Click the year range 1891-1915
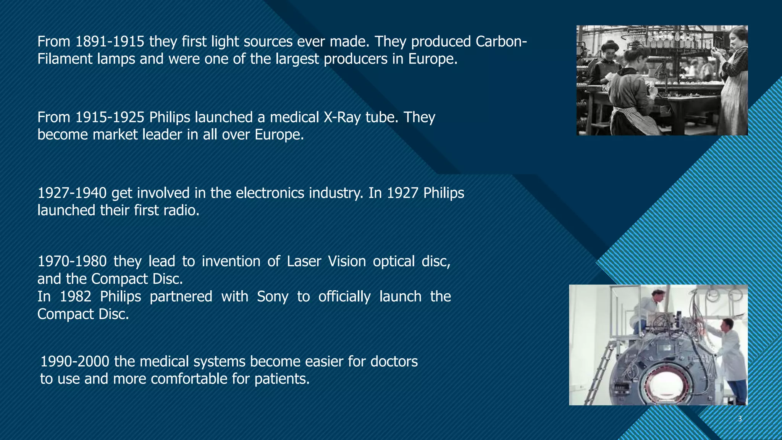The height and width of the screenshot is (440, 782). click(110, 41)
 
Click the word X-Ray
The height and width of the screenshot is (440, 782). click(342, 117)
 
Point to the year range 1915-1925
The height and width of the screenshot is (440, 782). click(110, 117)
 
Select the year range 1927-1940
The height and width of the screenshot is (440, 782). click(72, 193)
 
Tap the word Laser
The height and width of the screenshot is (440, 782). click(304, 261)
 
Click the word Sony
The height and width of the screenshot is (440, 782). click(272, 296)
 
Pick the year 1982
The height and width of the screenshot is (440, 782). click(76, 296)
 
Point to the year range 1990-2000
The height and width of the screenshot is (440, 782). click(75, 361)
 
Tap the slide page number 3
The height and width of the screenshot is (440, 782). click(740, 419)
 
